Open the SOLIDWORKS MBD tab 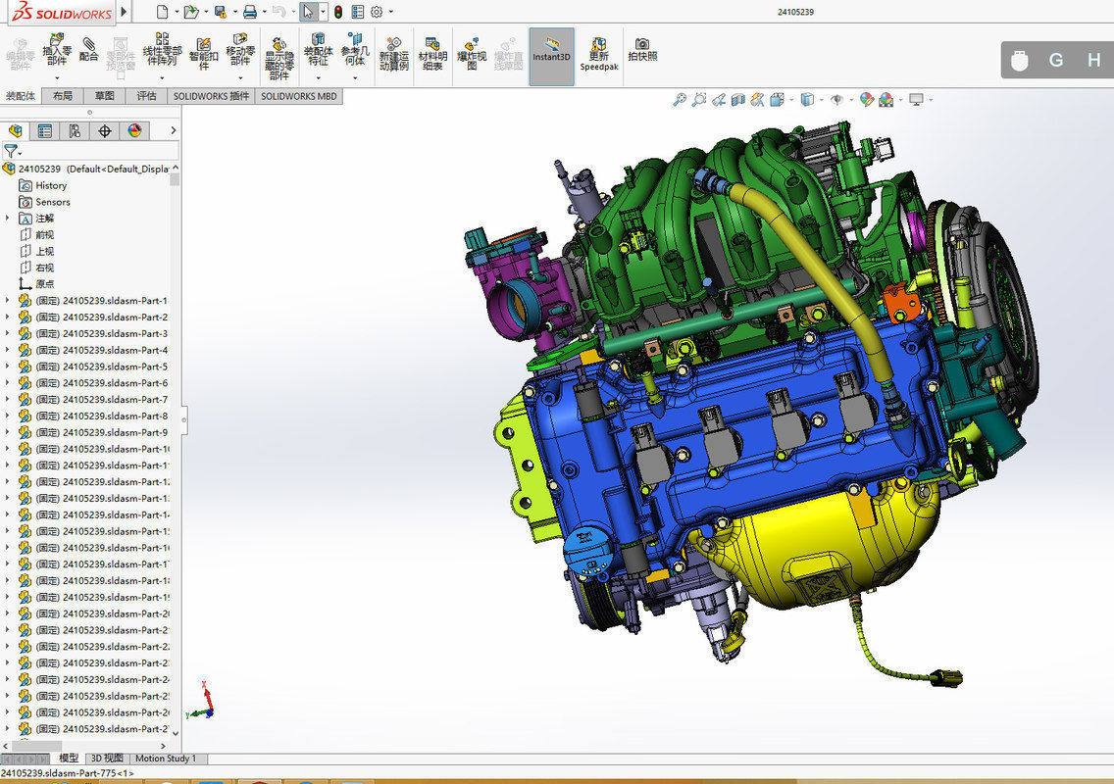298,96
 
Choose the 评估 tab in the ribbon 146,96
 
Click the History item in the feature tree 50,185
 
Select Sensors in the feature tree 52,202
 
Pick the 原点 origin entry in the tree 44,284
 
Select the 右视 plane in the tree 44,268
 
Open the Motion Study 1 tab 165,759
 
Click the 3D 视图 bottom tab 107,759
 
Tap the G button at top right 1056,60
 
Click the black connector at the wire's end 947,677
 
